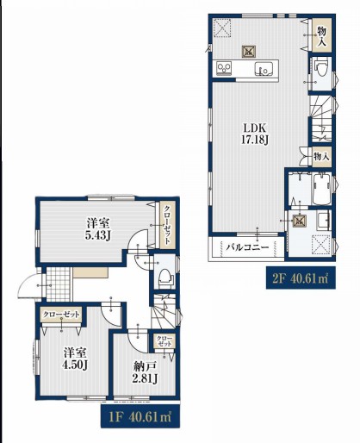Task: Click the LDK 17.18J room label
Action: (x=256, y=134)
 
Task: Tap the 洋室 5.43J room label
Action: (x=97, y=229)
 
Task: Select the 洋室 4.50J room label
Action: (x=75, y=359)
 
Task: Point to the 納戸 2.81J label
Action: (x=145, y=372)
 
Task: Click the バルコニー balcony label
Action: (x=247, y=247)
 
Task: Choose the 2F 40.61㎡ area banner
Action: (x=301, y=278)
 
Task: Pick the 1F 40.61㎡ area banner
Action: (x=140, y=416)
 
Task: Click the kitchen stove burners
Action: (x=224, y=69)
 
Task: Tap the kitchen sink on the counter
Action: (x=264, y=69)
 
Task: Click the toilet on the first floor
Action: (x=165, y=278)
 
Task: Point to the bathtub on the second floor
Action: (x=322, y=189)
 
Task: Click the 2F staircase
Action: (x=320, y=118)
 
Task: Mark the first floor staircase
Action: (x=164, y=311)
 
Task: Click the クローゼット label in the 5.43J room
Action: (x=167, y=225)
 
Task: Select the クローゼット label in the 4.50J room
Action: (x=61, y=315)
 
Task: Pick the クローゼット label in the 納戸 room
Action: (x=164, y=341)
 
